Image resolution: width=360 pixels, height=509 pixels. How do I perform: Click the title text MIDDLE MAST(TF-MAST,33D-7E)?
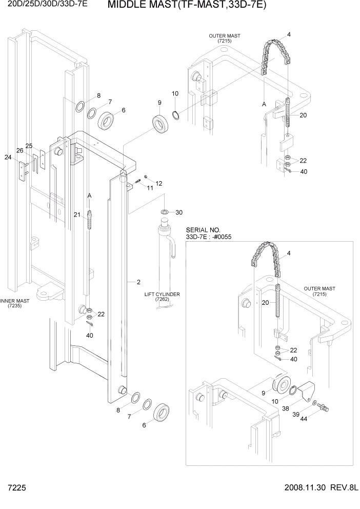point(188,6)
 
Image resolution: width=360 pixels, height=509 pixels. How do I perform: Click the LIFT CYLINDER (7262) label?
point(162,297)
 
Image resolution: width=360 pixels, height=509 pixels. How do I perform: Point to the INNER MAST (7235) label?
point(15,303)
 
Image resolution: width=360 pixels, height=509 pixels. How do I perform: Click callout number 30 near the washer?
point(179,212)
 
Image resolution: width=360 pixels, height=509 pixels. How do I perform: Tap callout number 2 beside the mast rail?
point(138,282)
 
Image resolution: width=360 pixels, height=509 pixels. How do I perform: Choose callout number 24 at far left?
point(8,158)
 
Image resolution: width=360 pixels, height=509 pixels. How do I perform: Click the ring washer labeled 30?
point(165,212)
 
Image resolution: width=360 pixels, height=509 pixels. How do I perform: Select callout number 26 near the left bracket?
point(20,150)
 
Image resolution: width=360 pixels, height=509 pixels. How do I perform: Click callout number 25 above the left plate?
point(29,146)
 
